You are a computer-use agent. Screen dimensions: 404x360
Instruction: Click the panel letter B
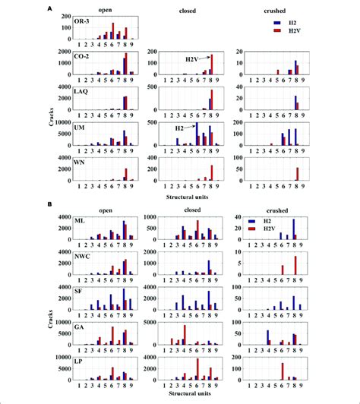click(49, 204)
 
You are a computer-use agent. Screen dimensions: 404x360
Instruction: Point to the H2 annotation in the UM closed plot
click(180, 130)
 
